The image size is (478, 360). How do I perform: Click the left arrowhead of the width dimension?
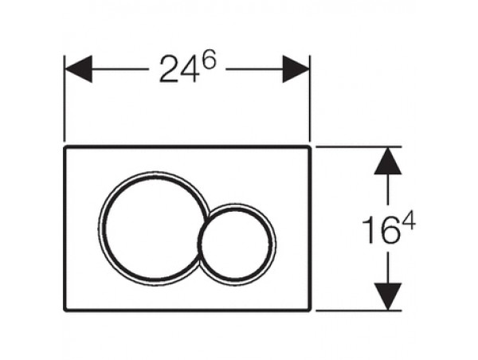pos(78,68)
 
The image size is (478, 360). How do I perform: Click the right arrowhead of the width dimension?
pos(296,68)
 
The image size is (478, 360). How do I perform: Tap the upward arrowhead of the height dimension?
pos(388,161)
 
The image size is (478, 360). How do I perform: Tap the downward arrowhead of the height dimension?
pos(388,296)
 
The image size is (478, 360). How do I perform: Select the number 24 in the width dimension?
pos(178,69)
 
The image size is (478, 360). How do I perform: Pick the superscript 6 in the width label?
pos(209,61)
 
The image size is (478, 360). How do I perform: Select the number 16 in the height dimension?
pos(380,230)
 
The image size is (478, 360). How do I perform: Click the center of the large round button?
pos(153,229)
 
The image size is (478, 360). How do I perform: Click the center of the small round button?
pos(237,244)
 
